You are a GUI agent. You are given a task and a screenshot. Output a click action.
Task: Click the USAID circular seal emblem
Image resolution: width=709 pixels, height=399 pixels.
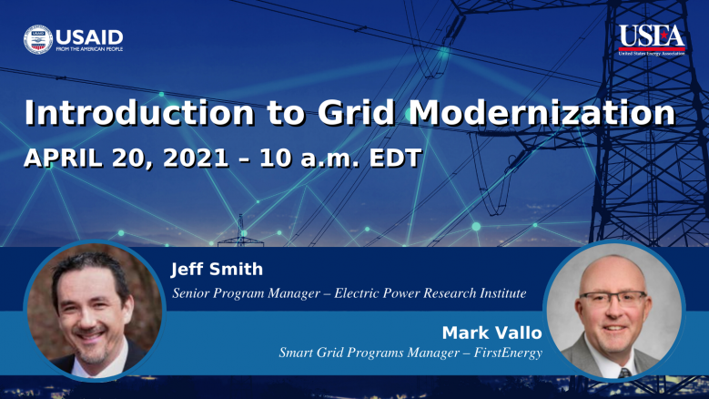click(x=38, y=40)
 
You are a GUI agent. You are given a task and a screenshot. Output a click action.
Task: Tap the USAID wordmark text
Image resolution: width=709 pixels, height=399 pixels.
click(x=89, y=37)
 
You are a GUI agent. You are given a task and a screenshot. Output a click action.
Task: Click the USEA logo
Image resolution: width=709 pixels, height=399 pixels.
click(x=652, y=40)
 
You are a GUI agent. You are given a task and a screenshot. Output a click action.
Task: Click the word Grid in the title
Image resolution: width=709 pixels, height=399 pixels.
click(x=356, y=112)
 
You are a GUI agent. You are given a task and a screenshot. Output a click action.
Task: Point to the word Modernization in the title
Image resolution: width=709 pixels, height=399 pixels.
click(x=542, y=112)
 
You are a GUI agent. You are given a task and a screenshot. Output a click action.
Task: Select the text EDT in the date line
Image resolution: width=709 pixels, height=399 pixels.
click(x=396, y=159)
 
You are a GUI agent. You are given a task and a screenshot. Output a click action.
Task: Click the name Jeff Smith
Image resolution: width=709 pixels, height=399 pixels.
click(x=217, y=269)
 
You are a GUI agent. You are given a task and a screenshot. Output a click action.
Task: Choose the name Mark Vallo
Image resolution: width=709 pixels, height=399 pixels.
click(x=492, y=332)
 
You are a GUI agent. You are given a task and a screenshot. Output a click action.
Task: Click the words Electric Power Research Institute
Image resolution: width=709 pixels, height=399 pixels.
click(x=430, y=293)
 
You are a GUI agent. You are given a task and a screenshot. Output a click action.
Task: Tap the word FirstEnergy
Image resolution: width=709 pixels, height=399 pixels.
click(x=508, y=353)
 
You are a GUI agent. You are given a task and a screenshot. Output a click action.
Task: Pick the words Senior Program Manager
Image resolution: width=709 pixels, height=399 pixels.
click(x=247, y=293)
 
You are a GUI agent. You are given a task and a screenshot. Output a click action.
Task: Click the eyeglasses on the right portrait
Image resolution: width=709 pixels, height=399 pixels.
click(x=613, y=299)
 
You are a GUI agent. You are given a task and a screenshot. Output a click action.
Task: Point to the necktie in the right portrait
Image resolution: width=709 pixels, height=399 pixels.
click(x=624, y=373)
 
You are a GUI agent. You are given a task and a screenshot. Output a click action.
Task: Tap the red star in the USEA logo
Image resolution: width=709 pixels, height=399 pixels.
click(x=663, y=35)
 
